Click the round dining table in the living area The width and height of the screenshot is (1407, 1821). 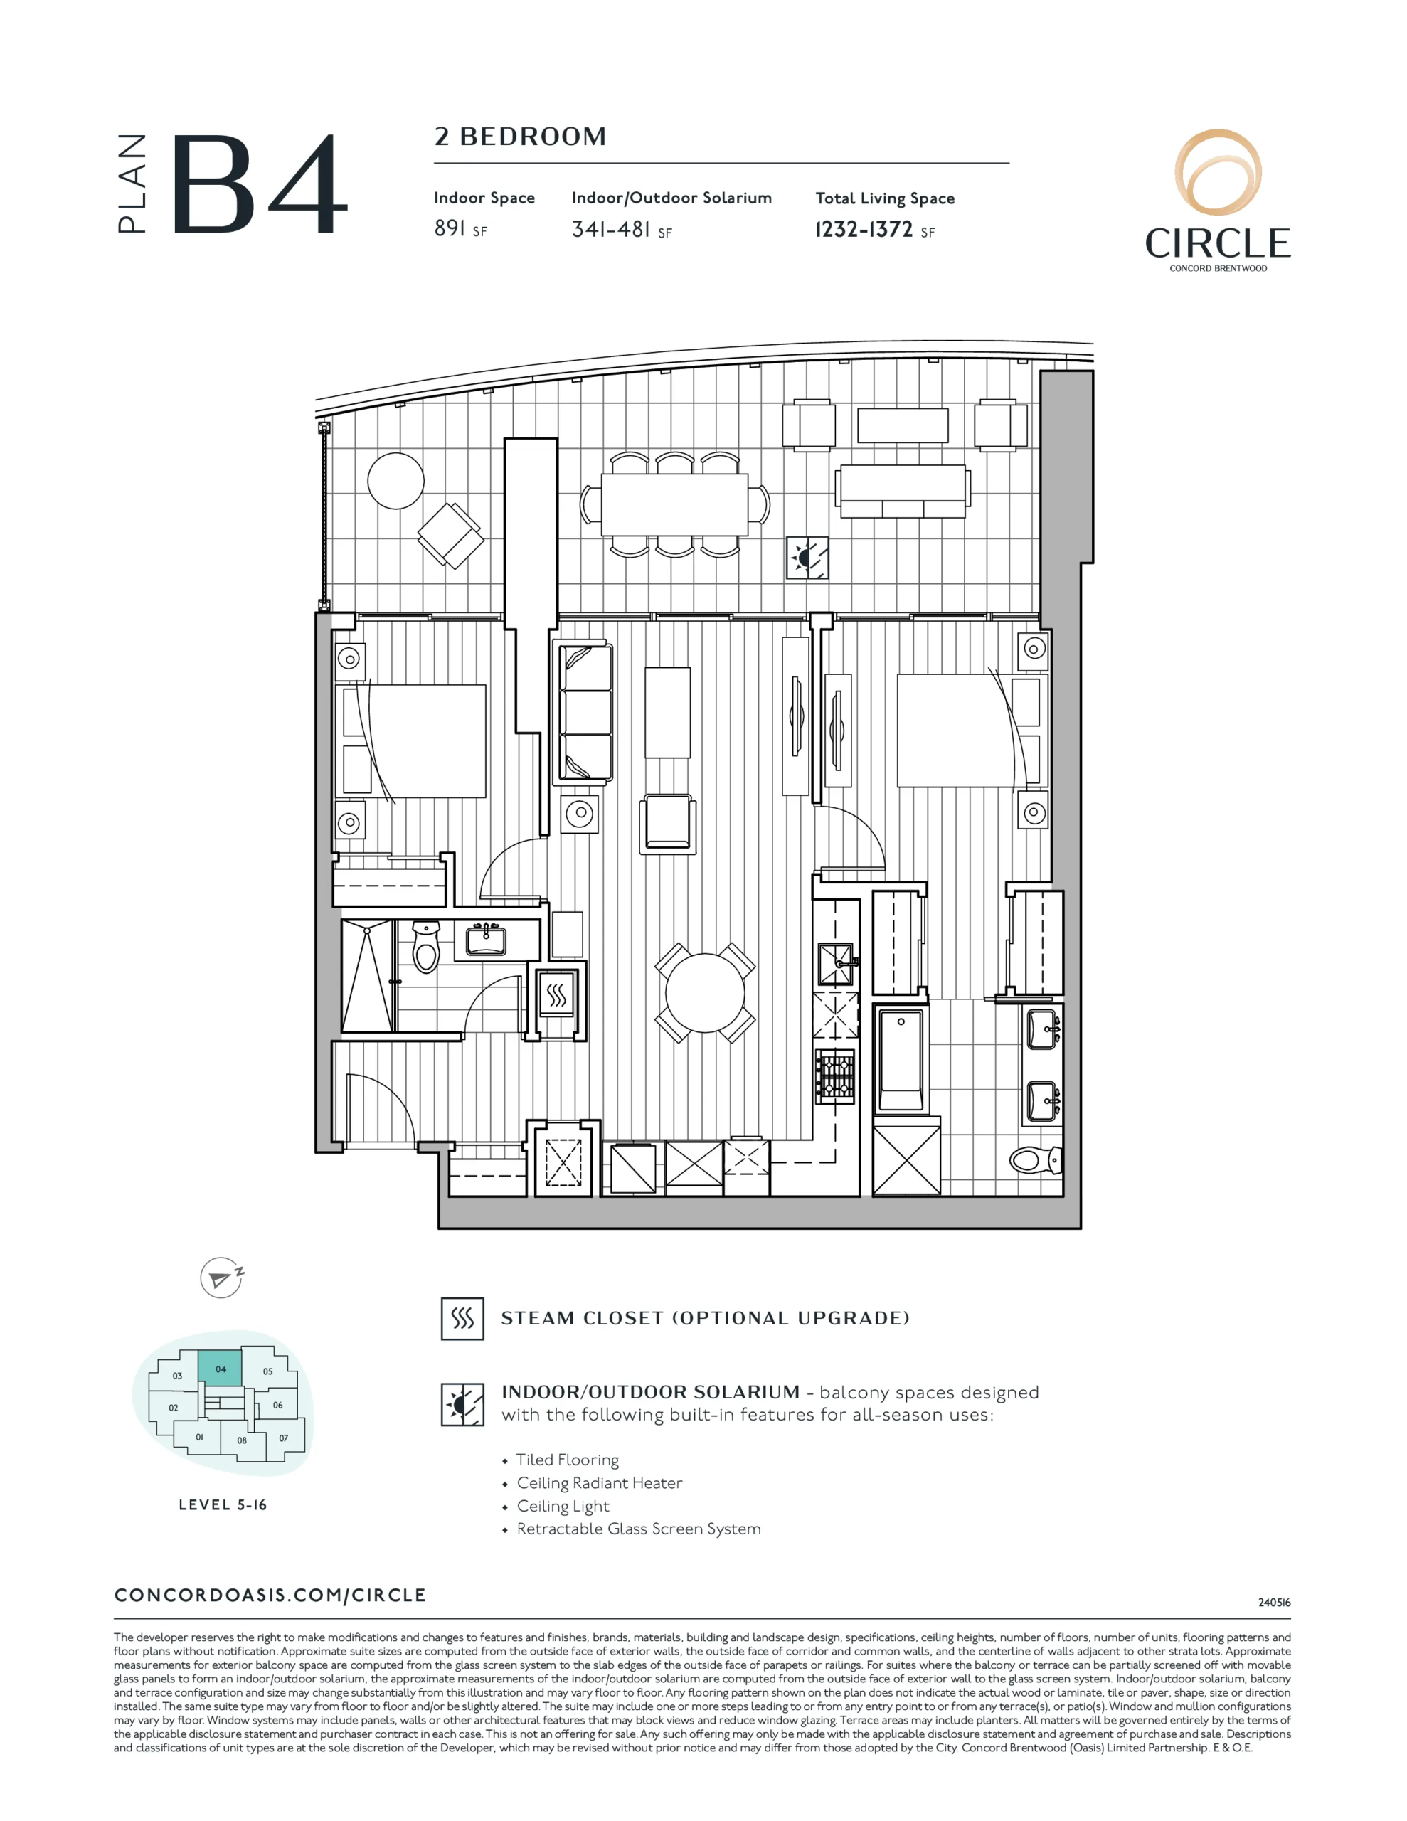(705, 992)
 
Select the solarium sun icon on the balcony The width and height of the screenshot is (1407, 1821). (807, 558)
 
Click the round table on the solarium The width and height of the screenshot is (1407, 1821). (396, 481)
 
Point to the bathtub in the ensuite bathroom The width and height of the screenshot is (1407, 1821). (901, 1061)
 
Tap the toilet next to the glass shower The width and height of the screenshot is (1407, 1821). (426, 947)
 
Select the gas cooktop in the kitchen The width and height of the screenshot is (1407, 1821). (836, 1076)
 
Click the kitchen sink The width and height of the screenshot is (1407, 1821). (837, 964)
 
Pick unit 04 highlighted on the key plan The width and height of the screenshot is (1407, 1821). (221, 1369)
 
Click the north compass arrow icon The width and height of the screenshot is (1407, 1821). (222, 1278)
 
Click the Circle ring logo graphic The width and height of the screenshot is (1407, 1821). (1218, 174)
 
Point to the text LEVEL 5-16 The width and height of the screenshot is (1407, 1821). (223, 1505)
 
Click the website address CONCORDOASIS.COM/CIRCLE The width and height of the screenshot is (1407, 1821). (270, 1595)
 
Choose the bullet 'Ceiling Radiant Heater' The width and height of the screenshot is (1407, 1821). (599, 1482)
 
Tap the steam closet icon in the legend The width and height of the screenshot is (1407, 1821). (462, 1318)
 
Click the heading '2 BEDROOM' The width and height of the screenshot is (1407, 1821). (521, 137)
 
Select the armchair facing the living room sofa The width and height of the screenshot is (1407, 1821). (667, 824)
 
